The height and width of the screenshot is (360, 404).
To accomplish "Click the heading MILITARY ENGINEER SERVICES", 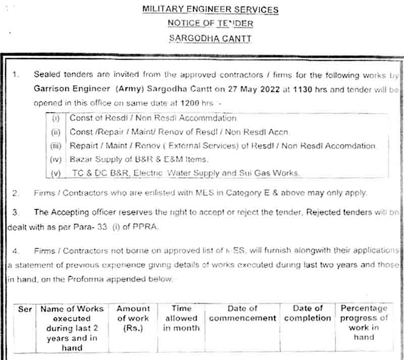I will click(x=210, y=10).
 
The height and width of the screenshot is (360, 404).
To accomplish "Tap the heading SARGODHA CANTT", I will click(x=210, y=38).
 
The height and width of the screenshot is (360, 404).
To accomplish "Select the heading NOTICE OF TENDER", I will click(x=210, y=23).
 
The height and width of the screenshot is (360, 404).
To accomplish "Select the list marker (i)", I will click(x=56, y=118).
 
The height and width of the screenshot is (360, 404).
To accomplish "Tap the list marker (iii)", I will click(x=56, y=146).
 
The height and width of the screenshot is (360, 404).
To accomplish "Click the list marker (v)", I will click(x=56, y=173).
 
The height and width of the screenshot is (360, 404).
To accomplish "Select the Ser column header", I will click(x=25, y=309).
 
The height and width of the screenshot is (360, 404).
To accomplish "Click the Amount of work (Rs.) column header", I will click(x=133, y=318).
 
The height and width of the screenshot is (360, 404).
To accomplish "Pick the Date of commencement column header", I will click(x=242, y=313).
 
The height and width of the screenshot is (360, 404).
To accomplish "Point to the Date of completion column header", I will click(x=308, y=313).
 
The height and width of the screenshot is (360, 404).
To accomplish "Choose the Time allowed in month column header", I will click(x=181, y=318).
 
